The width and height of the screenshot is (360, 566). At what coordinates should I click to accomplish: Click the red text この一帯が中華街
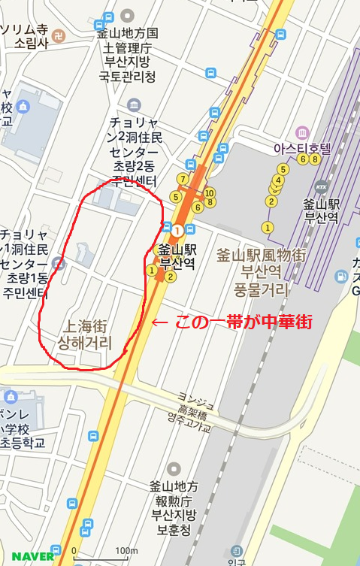pos(243,322)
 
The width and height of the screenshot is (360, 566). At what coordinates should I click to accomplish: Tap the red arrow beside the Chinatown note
pos(159,322)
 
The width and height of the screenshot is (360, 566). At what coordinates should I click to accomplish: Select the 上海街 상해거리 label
pos(85,335)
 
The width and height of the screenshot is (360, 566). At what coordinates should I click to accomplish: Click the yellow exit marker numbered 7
pos(182,179)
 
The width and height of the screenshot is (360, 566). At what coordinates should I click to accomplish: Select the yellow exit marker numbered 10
pos(210,192)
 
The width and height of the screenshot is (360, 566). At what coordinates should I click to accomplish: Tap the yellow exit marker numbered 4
pos(279,180)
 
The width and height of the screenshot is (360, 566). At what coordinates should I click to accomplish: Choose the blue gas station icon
pos(343,276)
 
